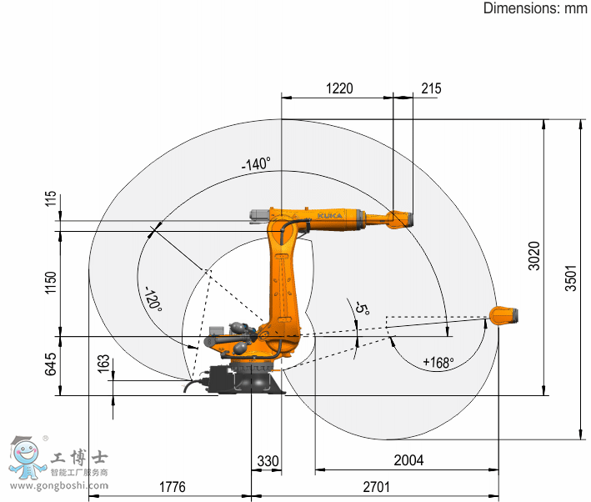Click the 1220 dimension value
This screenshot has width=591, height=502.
click(339, 88)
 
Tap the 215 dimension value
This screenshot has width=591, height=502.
click(431, 88)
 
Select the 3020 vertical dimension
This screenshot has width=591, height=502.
click(534, 256)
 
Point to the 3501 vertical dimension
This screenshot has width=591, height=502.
click(571, 278)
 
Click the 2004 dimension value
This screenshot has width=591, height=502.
click(408, 460)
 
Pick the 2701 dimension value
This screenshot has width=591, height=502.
click(376, 487)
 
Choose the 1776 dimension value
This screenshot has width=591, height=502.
click(173, 487)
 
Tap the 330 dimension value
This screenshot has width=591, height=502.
click(268, 461)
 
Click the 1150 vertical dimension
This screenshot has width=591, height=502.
click(50, 283)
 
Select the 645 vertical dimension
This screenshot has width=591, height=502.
click(50, 364)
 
